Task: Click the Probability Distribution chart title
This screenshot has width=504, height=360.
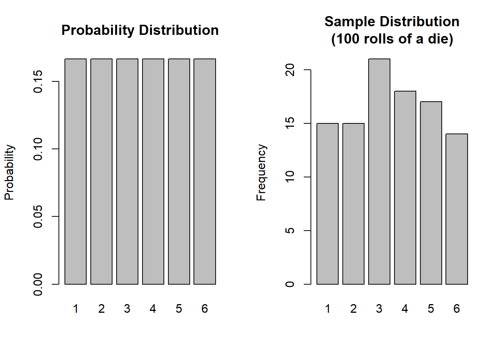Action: click(x=140, y=30)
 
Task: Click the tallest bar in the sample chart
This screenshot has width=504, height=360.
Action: click(x=379, y=171)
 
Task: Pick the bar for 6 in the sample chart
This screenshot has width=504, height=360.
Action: click(x=457, y=209)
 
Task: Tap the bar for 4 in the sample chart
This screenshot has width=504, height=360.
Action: click(x=405, y=187)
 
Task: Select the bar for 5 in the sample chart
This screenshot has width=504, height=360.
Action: click(x=431, y=193)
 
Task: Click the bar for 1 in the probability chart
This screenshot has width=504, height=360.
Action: click(x=75, y=171)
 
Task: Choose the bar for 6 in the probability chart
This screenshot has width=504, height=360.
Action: click(x=205, y=171)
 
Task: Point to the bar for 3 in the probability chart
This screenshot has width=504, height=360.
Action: click(x=127, y=171)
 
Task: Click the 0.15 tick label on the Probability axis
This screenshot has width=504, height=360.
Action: click(x=38, y=81)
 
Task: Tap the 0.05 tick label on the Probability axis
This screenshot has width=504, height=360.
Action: click(x=38, y=216)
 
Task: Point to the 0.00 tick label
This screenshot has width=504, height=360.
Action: click(x=38, y=284)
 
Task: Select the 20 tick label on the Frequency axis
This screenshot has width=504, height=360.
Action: click(x=290, y=70)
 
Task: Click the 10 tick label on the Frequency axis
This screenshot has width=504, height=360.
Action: click(x=290, y=177)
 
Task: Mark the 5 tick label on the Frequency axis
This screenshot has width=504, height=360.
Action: click(x=290, y=231)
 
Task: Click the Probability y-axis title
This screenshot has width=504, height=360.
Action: click(x=9, y=172)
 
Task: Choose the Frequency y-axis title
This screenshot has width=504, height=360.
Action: click(x=261, y=172)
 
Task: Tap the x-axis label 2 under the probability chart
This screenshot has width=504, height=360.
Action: click(x=101, y=309)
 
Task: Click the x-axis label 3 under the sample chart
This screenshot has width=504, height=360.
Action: click(x=379, y=309)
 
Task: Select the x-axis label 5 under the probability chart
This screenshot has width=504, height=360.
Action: click(x=179, y=309)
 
